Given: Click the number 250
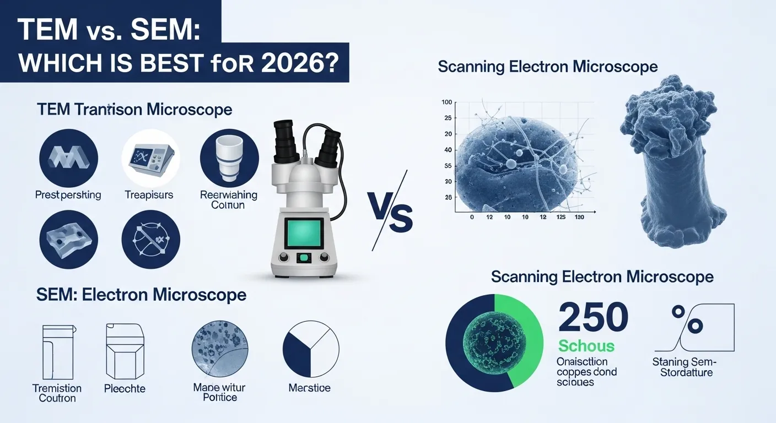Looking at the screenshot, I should pyautogui.click(x=594, y=319).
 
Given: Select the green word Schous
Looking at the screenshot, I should pyautogui.click(x=586, y=346).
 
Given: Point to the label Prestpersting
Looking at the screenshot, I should pyautogui.click(x=68, y=194).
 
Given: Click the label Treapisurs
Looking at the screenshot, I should pyautogui.click(x=149, y=194).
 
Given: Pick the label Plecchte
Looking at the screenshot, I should pyautogui.click(x=125, y=388).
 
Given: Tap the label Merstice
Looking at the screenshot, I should pyautogui.click(x=309, y=388).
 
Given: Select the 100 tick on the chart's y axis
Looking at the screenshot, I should pyautogui.click(x=446, y=102).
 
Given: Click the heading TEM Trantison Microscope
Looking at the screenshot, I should pyautogui.click(x=134, y=109).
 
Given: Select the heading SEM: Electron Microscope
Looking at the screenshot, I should pyautogui.click(x=141, y=295).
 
